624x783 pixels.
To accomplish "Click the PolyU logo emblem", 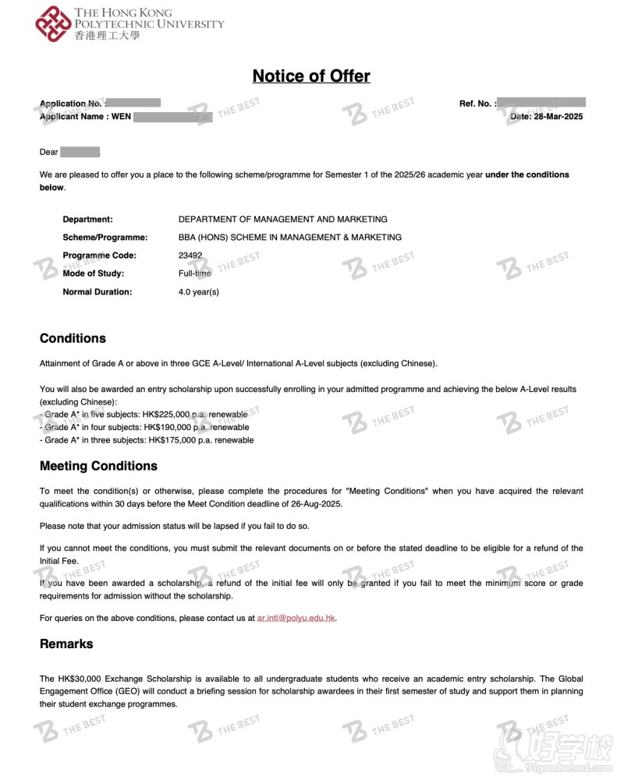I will pos(53,24).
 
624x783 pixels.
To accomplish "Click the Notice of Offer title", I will pos(311,76).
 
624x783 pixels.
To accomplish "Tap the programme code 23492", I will pos(190,256).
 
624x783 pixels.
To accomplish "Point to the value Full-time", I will pos(195,273).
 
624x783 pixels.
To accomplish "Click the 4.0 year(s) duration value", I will pos(199,292).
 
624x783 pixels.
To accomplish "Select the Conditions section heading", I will pos(73,338).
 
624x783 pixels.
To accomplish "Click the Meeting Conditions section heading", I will pos(98,466).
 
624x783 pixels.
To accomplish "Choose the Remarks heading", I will pos(66,644).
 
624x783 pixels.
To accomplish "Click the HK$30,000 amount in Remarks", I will pos(76,679).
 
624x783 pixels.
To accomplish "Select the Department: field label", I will pos(87,220).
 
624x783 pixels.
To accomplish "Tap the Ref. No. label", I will pos(475,104).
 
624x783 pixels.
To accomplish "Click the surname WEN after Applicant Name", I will pos(121,117).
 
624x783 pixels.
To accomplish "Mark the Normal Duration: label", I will pos(97,292).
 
